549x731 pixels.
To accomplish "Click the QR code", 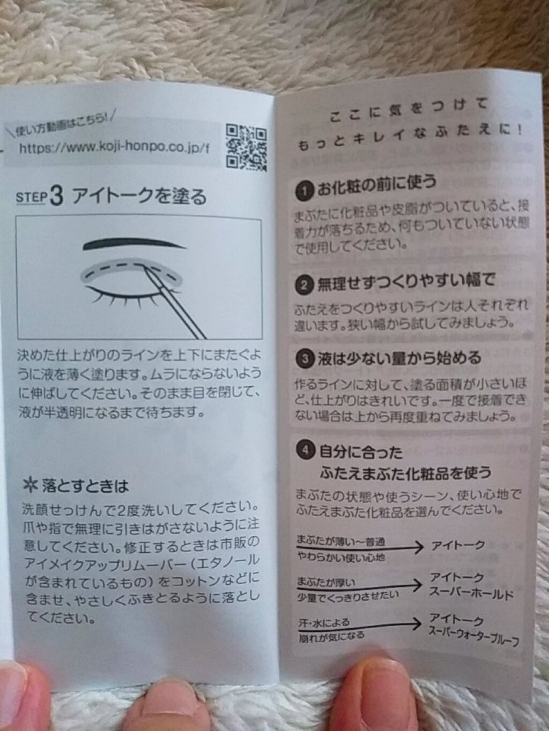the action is coord(246,147).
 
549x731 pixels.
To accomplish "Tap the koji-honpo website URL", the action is coord(114,147).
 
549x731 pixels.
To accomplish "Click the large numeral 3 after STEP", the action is coord(57,197).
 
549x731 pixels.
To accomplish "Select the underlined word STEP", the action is coord(31,197).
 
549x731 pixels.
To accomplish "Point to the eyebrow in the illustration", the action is coord(133,244).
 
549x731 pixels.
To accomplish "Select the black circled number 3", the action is coord(305,360).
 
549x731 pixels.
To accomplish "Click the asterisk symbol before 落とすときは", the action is coord(31,486).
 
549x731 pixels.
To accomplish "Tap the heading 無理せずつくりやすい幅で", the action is coord(405,283).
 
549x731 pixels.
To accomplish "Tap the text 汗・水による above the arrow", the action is coord(324,622).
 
